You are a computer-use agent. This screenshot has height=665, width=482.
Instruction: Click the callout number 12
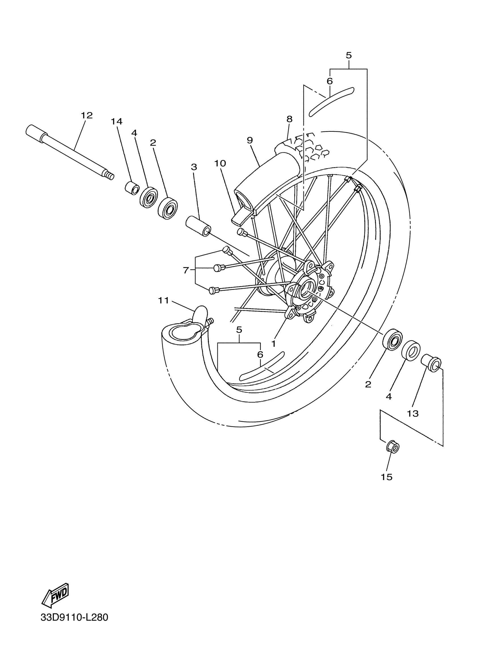click(86, 115)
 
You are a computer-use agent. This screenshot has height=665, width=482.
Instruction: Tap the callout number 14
click(117, 121)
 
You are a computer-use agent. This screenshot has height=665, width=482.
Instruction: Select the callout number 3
click(194, 167)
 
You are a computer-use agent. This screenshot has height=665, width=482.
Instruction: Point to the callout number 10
click(220, 163)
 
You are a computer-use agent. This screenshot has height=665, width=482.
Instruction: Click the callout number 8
click(289, 119)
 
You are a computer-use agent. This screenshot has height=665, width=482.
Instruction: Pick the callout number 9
click(250, 140)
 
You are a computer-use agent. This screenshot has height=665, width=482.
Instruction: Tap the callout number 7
click(186, 270)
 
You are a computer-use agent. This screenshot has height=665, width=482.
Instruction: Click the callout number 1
click(274, 344)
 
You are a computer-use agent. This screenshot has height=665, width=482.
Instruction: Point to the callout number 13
click(413, 414)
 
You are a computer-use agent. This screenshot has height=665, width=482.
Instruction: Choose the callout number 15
click(387, 477)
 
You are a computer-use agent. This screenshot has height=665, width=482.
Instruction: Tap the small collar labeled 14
click(132, 188)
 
